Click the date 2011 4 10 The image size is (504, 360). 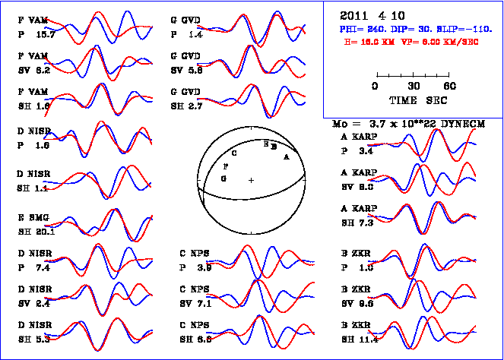365,15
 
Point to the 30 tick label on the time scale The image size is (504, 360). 414,86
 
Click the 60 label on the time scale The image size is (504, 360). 449,86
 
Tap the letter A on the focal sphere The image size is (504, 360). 286,156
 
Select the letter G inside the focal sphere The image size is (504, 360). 223,178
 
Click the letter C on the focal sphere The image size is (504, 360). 233,153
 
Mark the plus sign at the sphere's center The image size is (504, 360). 251,180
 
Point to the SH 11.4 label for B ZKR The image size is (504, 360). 358,339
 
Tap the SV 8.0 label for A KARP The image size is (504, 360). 357,186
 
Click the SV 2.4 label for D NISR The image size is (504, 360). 33,304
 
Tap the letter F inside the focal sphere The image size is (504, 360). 226,165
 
